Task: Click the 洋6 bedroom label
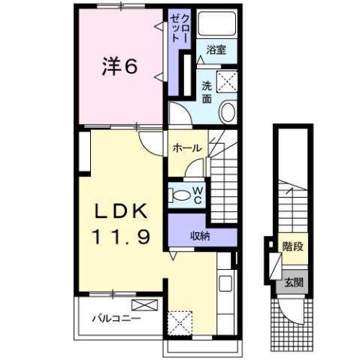tap(119, 68)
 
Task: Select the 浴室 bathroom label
tap(216, 51)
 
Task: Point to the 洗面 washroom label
tap(206, 91)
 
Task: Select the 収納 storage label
tap(199, 236)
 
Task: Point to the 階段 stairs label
tap(292, 246)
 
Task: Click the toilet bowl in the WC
tap(180, 195)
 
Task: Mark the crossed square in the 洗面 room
tap(228, 80)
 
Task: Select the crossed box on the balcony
tap(144, 305)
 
